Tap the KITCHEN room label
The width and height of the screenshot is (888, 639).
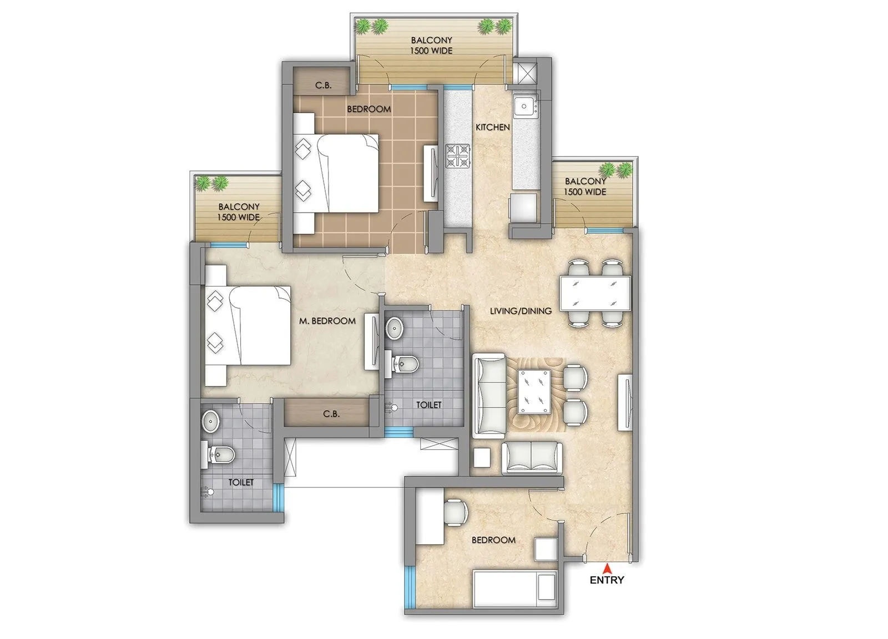(492, 127)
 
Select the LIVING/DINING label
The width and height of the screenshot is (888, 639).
(521, 311)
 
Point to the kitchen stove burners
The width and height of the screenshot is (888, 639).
(458, 156)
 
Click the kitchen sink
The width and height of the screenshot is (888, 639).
(524, 105)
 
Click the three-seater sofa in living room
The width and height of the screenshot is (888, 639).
(489, 396)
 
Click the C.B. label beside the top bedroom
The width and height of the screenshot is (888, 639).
(324, 85)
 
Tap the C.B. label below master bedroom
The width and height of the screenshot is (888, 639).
(331, 414)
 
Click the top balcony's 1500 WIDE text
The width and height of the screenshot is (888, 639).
(431, 51)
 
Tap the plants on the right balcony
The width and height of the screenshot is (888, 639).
(616, 169)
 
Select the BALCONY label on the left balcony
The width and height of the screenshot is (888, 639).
(239, 207)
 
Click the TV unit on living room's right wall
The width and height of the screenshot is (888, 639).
(625, 402)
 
